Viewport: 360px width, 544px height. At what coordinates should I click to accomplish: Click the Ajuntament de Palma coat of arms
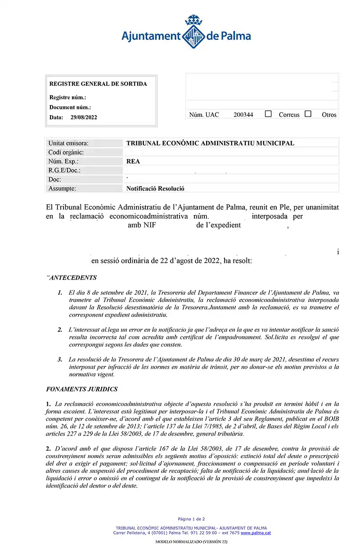coord(193,32)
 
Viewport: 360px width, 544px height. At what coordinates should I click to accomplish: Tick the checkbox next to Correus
coord(269,114)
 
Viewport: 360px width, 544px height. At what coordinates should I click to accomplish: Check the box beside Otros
coord(308,114)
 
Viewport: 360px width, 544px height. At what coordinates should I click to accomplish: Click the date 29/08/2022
coord(84,118)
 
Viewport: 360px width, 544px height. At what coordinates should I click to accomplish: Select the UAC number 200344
coord(243,115)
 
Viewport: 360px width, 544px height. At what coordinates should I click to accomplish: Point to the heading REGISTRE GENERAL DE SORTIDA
coord(98,84)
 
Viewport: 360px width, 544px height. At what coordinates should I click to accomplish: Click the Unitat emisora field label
coord(68,143)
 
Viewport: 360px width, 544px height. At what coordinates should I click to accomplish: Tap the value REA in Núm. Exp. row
coord(133,162)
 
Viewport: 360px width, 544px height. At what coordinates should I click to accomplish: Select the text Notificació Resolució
coord(155,189)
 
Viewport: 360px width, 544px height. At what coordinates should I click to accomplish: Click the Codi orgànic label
coord(66,152)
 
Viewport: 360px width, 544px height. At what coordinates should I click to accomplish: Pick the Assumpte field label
coord(62,189)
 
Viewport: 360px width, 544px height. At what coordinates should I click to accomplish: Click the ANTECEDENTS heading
coord(72,278)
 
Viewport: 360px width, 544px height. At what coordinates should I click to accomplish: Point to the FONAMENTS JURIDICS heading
coord(82,389)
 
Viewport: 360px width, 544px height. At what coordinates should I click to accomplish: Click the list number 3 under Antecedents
coord(60,359)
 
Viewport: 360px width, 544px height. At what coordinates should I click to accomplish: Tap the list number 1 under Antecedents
coord(60,293)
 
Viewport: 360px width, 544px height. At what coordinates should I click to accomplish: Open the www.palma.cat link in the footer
coord(256,533)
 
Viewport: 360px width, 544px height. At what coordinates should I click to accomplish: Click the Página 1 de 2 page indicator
coord(191,519)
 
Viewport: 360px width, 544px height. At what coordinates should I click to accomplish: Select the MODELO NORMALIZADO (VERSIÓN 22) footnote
coord(191,542)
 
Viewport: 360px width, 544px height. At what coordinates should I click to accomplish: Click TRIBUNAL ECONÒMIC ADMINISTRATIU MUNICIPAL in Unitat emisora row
coord(210,143)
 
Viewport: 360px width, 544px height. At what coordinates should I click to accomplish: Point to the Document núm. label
coord(70,107)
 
